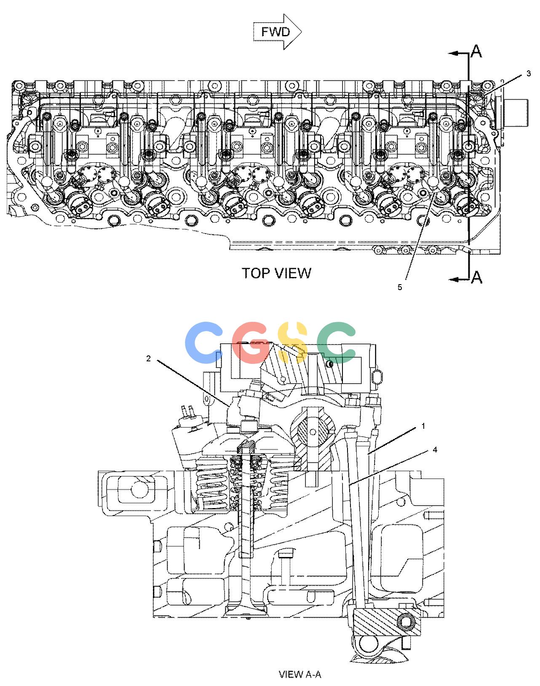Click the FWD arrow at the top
click(x=277, y=32)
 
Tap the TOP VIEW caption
click(x=276, y=273)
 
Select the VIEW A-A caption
click(x=300, y=674)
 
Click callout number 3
click(x=529, y=74)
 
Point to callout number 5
click(x=400, y=287)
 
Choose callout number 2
click(x=148, y=359)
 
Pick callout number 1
click(x=423, y=426)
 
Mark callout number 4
click(x=435, y=450)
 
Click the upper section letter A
click(x=476, y=51)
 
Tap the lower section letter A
click(x=476, y=277)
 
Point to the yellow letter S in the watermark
click(x=292, y=343)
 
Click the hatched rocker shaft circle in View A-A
click(x=313, y=432)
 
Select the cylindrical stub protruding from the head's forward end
click(x=515, y=113)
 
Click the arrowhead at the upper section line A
click(x=454, y=54)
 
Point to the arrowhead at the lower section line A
click(x=454, y=280)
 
